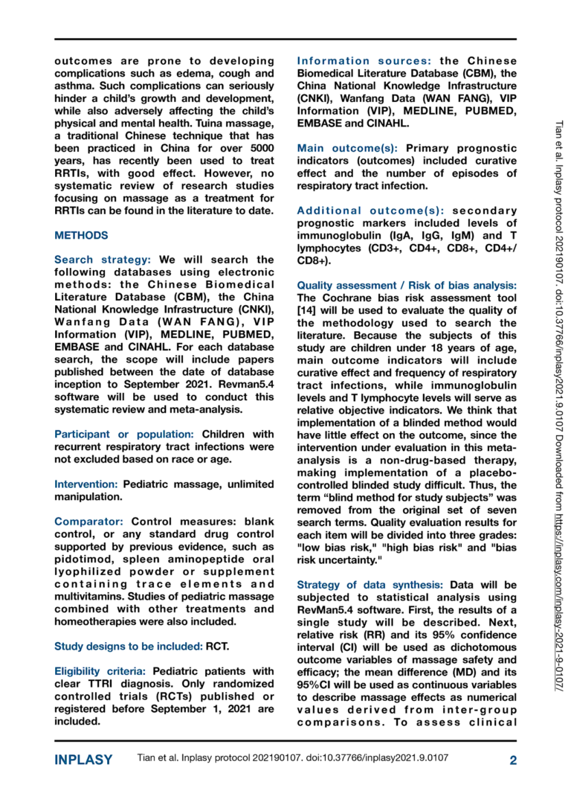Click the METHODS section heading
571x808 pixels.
click(81, 236)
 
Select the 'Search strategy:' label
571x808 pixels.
click(103, 260)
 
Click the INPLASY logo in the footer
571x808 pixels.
click(83, 760)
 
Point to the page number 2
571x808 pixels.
click(512, 760)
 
